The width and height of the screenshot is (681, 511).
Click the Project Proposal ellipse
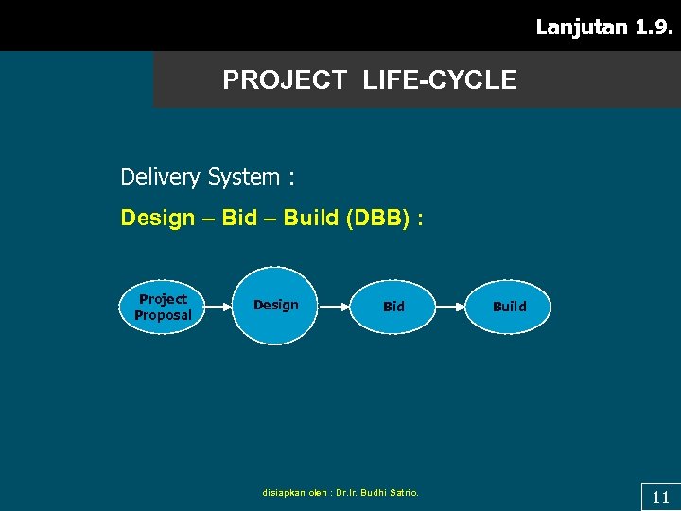163,307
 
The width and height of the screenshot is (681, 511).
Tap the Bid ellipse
393,307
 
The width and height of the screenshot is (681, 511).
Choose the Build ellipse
509,307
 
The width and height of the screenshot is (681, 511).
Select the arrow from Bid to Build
450,307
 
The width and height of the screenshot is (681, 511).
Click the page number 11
660,498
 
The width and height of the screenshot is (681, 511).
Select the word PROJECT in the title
285,80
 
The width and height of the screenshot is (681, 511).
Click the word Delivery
161,177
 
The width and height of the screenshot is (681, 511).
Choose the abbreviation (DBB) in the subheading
378,219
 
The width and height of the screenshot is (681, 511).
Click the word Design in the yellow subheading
157,219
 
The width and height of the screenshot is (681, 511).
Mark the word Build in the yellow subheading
311,219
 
